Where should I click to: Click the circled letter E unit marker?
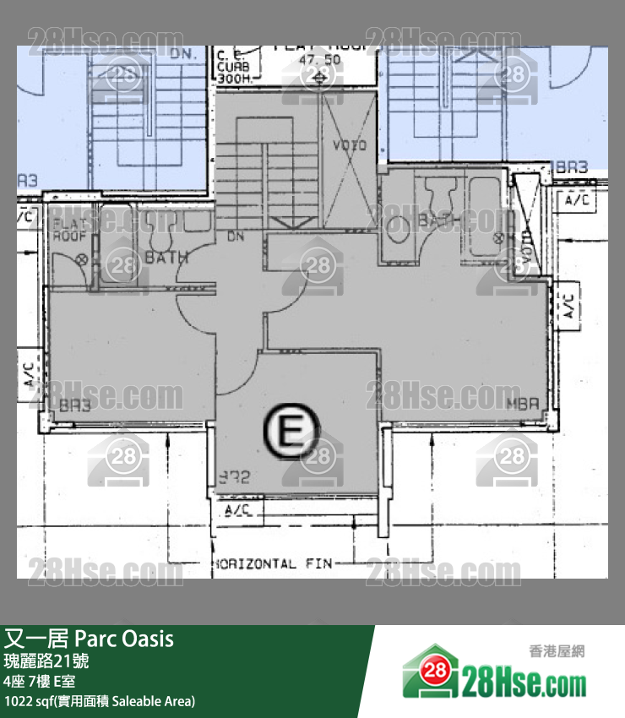(291, 433)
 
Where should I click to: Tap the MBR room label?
(522, 406)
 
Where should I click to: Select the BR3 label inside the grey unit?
(75, 406)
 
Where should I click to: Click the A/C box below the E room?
(239, 510)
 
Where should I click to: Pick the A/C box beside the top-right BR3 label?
(577, 200)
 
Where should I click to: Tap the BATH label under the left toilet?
(166, 258)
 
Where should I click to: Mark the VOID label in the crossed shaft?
(349, 146)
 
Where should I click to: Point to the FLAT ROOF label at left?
(67, 231)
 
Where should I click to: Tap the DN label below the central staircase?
(236, 237)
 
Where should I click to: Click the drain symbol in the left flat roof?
(82, 260)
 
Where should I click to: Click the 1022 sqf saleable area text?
(100, 701)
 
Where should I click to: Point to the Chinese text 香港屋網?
(557, 650)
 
